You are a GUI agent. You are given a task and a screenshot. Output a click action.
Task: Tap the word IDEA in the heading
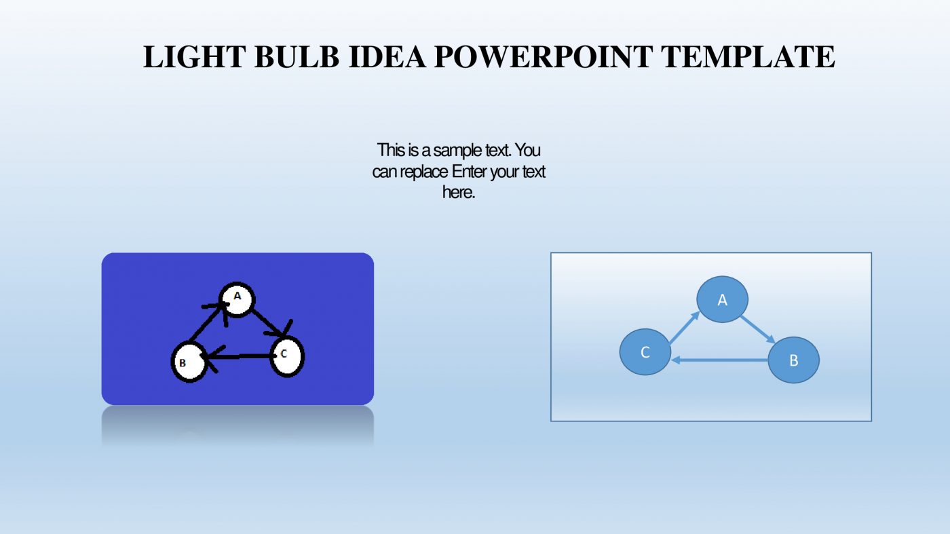[387, 57]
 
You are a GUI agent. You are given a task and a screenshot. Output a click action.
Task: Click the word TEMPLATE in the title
[749, 57]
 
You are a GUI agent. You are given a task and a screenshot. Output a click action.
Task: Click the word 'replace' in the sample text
[425, 172]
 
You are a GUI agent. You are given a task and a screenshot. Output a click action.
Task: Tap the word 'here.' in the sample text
[458, 193]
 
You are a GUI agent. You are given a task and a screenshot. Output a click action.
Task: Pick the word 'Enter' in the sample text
[470, 172]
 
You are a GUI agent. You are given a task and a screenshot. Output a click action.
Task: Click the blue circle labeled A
[723, 299]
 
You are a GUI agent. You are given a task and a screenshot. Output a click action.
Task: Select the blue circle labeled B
[793, 360]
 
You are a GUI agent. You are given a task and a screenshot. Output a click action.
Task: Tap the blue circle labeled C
[645, 352]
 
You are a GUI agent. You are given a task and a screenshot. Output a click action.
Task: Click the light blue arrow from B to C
[720, 360]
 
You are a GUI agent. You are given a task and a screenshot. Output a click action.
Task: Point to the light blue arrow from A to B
[758, 329]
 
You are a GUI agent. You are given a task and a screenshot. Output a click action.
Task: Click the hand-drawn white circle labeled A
[237, 299]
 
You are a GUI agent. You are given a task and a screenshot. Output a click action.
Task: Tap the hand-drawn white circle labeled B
[188, 362]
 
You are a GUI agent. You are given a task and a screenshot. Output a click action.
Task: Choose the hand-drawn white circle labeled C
[287, 356]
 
